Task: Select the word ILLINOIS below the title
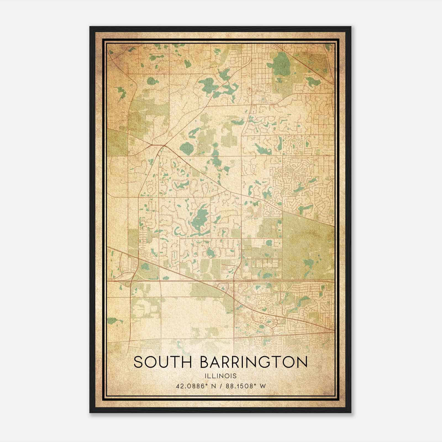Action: pos(221,376)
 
